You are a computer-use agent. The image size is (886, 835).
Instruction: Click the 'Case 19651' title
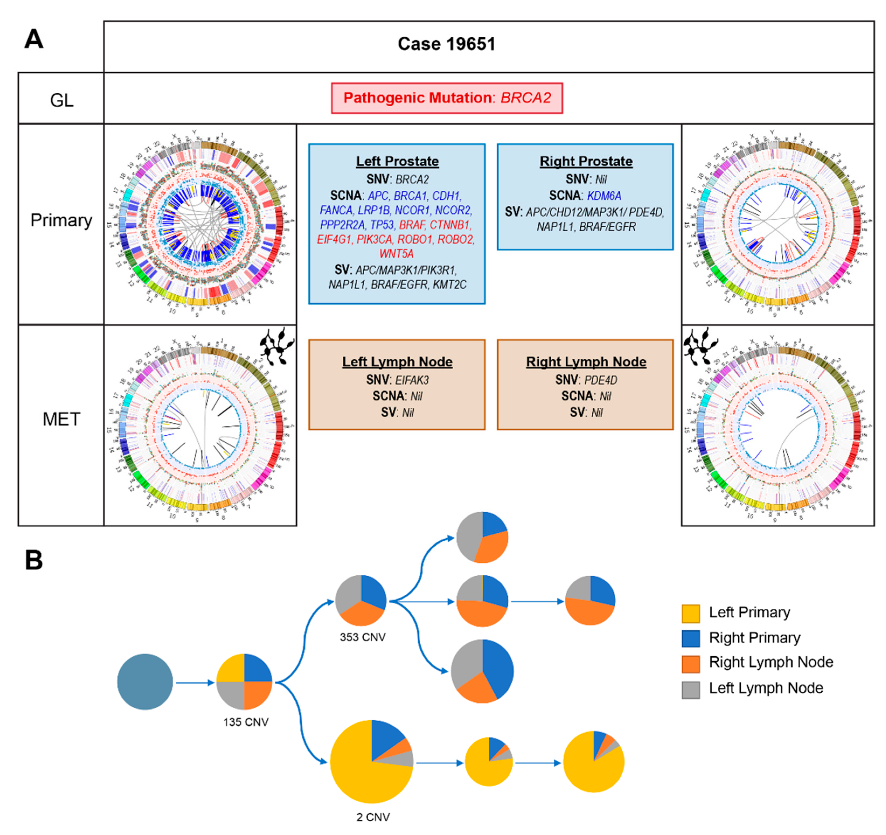(x=446, y=44)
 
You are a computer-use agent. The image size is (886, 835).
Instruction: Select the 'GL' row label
(x=61, y=100)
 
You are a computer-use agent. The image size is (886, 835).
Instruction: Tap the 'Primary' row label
(x=61, y=220)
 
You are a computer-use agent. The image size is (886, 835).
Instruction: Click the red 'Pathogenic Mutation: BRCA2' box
(x=447, y=98)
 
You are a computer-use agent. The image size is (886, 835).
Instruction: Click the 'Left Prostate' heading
(x=397, y=161)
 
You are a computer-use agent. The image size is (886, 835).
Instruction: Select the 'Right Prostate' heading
(x=586, y=161)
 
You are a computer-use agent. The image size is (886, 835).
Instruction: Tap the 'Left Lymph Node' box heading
(x=397, y=362)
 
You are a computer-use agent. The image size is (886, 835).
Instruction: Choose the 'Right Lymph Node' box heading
(x=586, y=362)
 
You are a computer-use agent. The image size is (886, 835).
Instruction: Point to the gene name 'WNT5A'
(x=396, y=254)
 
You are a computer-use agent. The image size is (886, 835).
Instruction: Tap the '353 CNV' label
(x=362, y=637)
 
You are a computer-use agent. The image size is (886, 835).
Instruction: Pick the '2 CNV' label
(x=373, y=817)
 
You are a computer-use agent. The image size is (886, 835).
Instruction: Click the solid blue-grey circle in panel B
(x=145, y=682)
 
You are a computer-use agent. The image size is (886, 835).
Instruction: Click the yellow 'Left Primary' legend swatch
(x=690, y=614)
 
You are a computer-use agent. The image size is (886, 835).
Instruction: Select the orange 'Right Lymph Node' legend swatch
(x=690, y=663)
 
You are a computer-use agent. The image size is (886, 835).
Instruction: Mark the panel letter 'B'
(x=34, y=560)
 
